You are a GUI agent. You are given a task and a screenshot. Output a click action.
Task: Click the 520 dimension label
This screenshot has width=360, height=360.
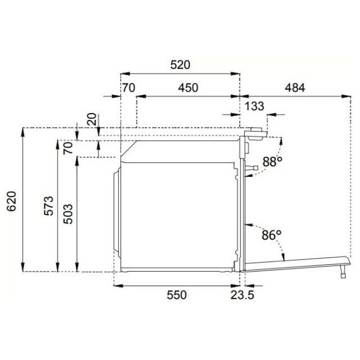180,65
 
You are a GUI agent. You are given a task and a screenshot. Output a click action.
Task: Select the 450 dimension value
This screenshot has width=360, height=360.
188,88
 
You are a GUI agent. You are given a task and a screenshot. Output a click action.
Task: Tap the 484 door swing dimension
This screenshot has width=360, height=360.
295,88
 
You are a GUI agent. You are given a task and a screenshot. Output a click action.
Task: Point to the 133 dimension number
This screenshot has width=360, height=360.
255,106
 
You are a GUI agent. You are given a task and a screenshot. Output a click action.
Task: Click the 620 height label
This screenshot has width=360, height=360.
11,201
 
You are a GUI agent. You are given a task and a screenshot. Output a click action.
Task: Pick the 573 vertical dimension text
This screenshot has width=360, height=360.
49,206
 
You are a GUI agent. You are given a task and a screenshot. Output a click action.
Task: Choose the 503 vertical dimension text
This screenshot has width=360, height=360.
68,214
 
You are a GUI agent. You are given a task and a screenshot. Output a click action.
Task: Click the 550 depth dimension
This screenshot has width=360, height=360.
176,295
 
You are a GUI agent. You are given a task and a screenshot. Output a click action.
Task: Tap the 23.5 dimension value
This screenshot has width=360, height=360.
242,295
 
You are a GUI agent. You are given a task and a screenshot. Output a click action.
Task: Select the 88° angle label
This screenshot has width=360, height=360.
272,161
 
